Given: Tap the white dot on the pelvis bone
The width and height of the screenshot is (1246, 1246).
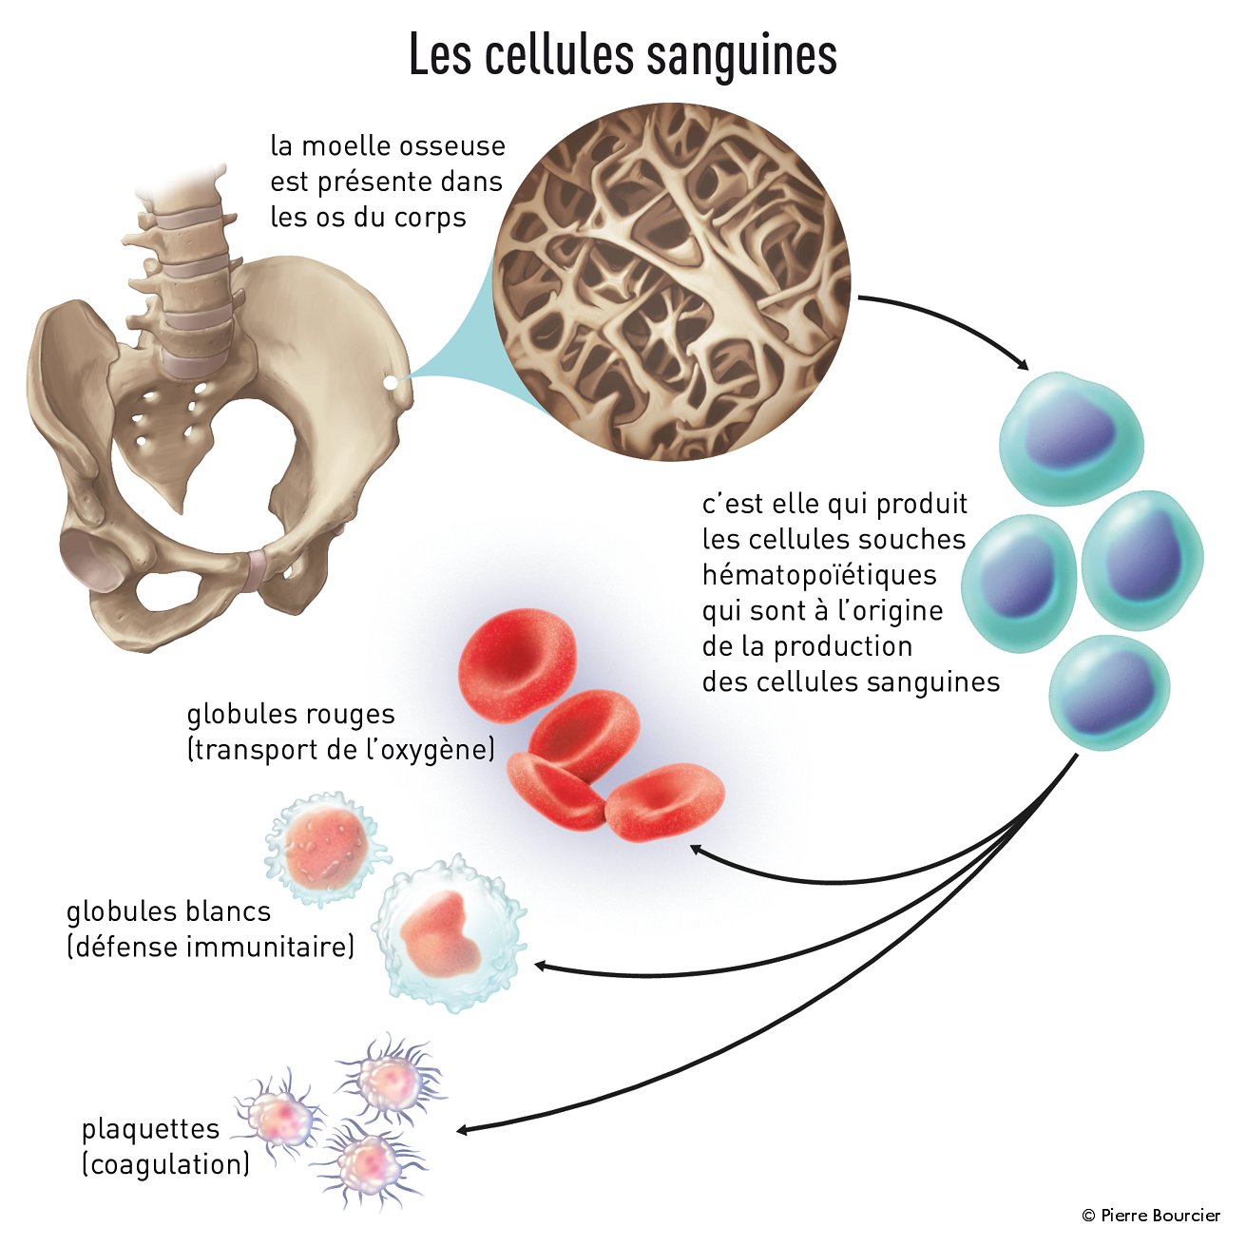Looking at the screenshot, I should [x=390, y=382].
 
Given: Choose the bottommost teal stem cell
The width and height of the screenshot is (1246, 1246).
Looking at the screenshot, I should [x=1109, y=692].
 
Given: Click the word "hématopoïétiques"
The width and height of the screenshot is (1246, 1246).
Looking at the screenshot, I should [x=819, y=575].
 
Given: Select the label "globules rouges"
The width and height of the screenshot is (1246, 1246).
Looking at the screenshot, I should [x=290, y=714].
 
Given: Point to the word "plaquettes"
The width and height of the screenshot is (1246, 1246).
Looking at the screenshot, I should [x=150, y=1129].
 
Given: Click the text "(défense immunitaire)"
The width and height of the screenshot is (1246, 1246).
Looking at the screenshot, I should [x=210, y=947].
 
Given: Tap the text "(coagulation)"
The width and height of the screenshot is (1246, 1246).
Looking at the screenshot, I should [x=165, y=1164].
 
